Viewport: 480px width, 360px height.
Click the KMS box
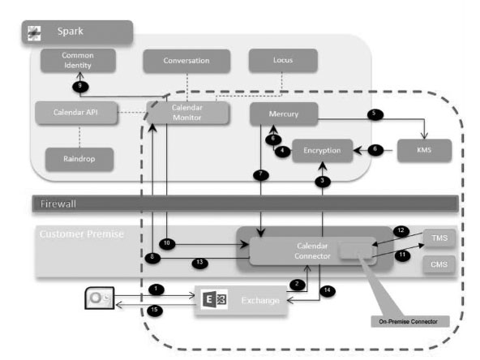tap(422, 151)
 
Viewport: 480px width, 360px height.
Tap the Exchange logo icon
tap(210, 300)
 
